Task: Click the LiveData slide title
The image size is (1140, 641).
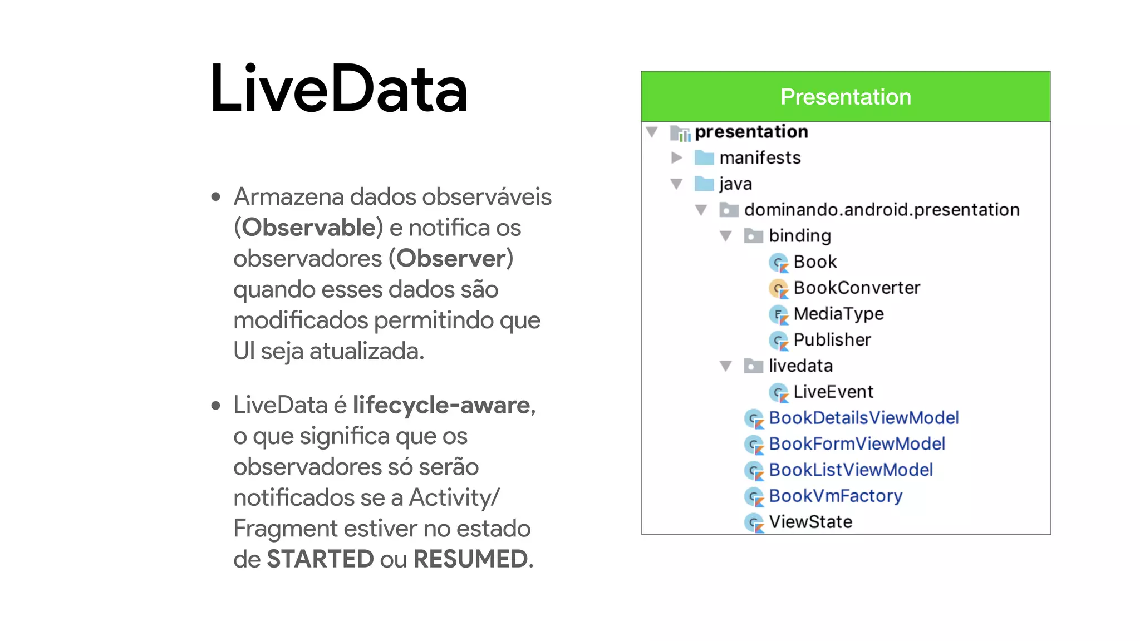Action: point(338,89)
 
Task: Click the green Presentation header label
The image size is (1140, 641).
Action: point(845,97)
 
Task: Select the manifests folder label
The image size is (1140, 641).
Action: point(760,158)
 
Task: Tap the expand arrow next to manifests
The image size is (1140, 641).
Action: point(677,158)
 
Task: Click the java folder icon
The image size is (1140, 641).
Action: point(704,184)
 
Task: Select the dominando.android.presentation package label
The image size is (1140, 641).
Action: point(882,210)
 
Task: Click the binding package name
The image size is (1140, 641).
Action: point(799,236)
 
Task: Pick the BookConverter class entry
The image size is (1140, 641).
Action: point(857,288)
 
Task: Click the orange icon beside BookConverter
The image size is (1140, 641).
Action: point(778,289)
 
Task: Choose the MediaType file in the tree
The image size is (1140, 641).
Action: point(838,314)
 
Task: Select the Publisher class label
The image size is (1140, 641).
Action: point(832,340)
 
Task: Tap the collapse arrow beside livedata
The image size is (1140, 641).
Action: point(725,366)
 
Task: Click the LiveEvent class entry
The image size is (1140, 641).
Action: point(833,392)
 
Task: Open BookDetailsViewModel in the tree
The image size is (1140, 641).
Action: point(863,418)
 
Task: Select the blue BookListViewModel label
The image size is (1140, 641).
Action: point(851,470)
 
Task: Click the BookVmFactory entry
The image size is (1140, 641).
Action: point(835,496)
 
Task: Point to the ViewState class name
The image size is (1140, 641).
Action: point(810,522)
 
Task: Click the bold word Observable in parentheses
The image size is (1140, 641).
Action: point(309,228)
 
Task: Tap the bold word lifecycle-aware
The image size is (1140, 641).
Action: point(441,405)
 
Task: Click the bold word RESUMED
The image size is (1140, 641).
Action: point(470,559)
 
